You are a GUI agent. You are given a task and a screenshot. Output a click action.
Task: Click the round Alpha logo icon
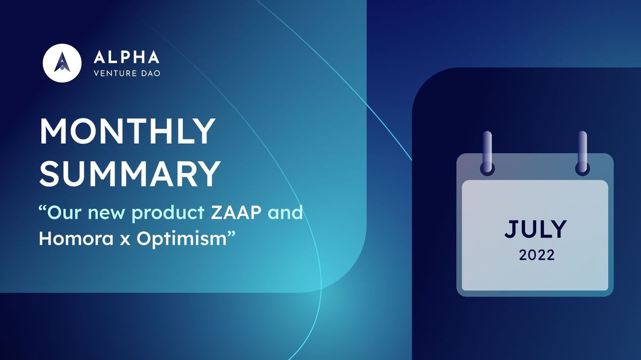(62, 62)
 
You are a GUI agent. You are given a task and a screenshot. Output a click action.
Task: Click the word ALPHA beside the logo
(126, 57)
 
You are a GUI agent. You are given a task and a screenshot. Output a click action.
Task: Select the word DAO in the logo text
(149, 72)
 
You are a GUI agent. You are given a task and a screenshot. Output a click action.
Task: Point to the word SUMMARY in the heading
(130, 173)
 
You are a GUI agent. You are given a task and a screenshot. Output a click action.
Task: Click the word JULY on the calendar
(535, 230)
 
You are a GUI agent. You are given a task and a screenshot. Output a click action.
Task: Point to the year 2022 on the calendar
(536, 256)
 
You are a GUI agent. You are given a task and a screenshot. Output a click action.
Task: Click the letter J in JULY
(511, 230)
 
